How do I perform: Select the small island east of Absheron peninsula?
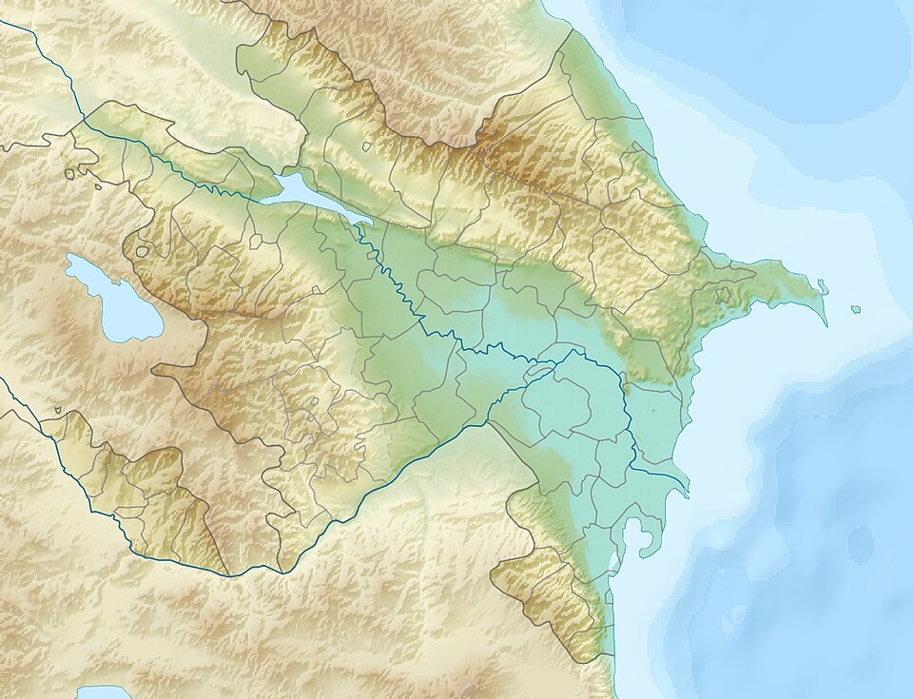(855, 310)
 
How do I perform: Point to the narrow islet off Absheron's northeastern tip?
(823, 286)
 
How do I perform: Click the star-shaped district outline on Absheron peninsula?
(724, 296)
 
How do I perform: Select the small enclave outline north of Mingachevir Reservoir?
(366, 146)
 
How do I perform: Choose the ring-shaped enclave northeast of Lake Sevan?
(142, 252)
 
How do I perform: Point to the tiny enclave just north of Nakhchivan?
(58, 411)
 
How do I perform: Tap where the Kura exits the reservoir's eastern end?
(368, 225)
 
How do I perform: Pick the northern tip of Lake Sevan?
(71, 256)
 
